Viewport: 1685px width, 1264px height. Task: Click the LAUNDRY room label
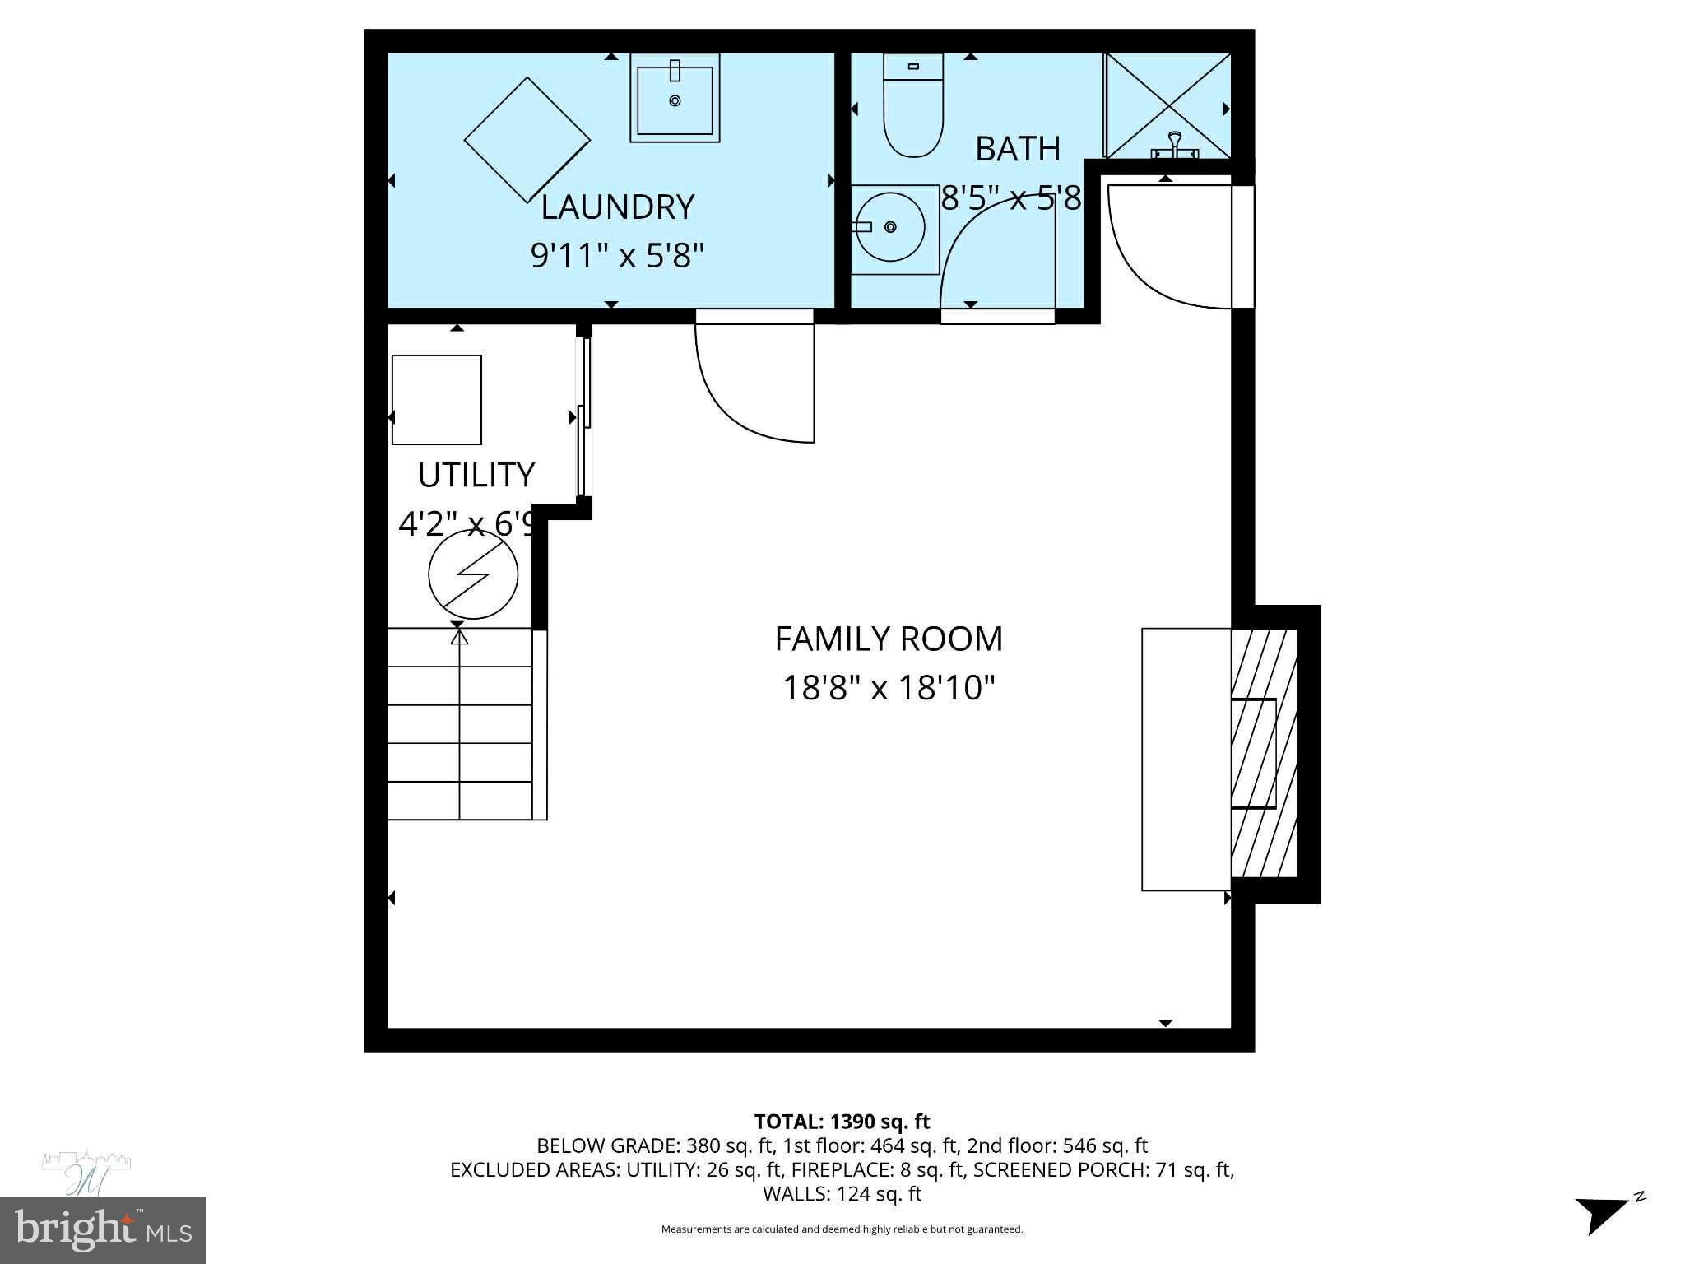click(x=617, y=207)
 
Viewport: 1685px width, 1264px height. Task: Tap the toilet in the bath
click(x=912, y=107)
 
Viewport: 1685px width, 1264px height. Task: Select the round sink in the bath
click(x=891, y=228)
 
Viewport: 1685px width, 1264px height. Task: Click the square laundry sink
click(x=675, y=98)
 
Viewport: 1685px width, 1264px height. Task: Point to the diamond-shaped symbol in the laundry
click(x=527, y=140)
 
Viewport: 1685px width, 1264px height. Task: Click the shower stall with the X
click(x=1167, y=105)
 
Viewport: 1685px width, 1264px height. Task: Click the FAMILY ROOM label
click(x=889, y=639)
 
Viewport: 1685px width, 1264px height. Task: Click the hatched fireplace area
click(x=1264, y=754)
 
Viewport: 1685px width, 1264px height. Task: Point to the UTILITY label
click(x=476, y=475)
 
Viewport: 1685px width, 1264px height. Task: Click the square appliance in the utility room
click(x=436, y=400)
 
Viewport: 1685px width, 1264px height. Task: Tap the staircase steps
click(x=459, y=724)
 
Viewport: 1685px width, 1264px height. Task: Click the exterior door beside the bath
click(x=1168, y=247)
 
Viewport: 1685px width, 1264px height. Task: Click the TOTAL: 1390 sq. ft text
click(x=842, y=1122)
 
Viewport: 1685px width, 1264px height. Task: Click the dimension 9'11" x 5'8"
click(x=617, y=256)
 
